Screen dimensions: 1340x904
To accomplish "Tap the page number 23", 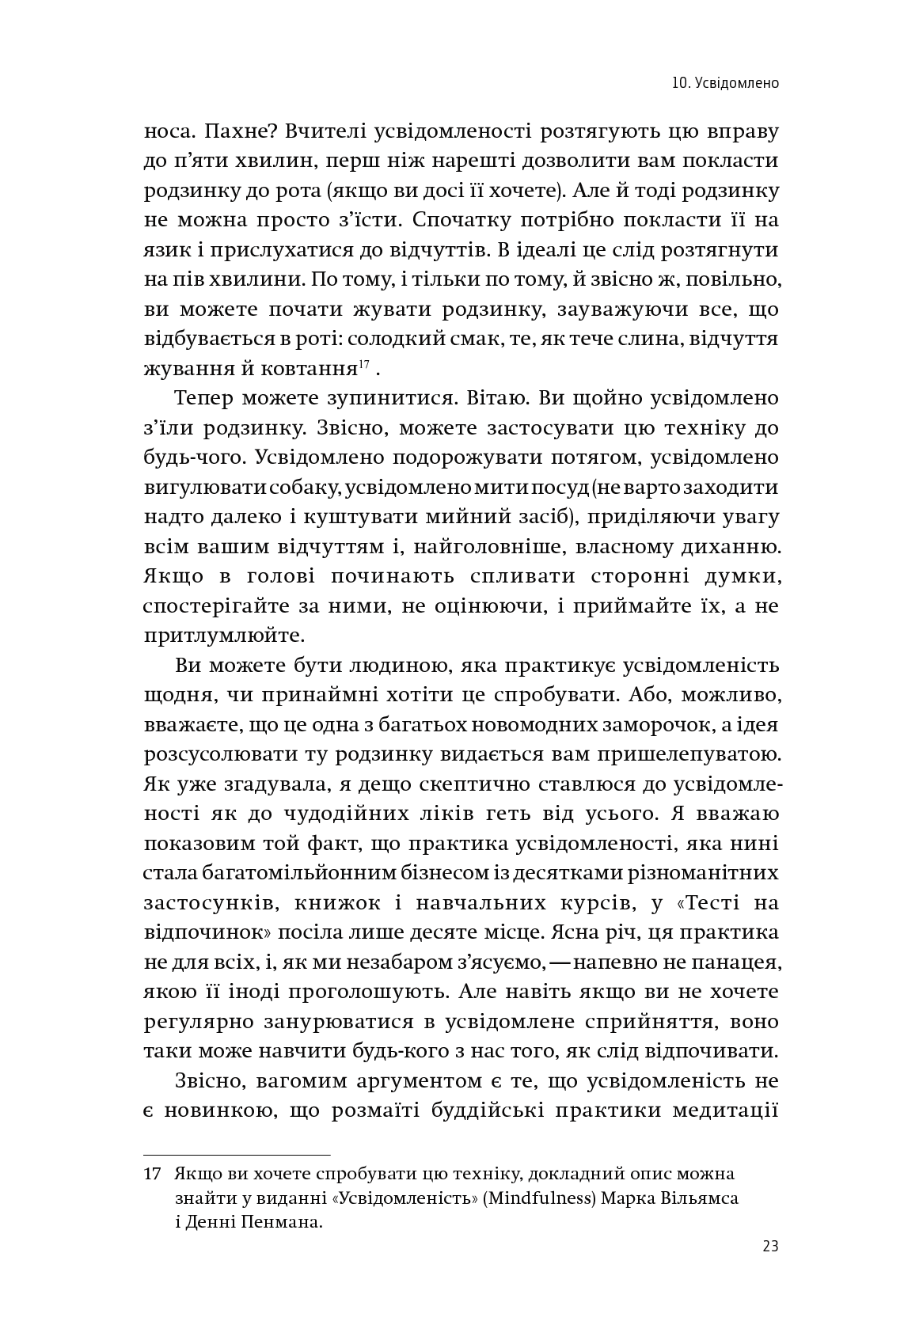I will pos(770,1247).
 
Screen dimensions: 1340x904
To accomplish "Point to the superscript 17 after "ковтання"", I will pos(364,365).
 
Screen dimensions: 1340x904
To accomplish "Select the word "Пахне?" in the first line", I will pos(240,131).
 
